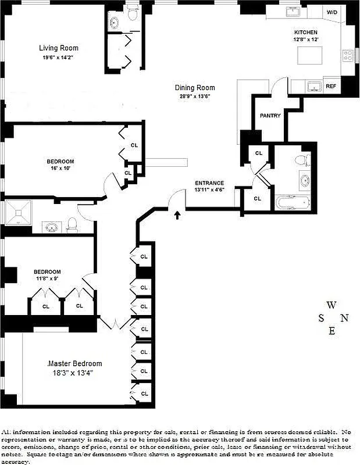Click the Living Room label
click(59, 48)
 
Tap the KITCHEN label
click(305, 32)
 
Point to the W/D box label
click(332, 12)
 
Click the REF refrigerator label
click(330, 86)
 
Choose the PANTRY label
click(270, 116)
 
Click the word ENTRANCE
click(209, 183)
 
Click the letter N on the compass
click(344, 317)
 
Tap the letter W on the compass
click(331, 305)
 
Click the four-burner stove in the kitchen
click(348, 56)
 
